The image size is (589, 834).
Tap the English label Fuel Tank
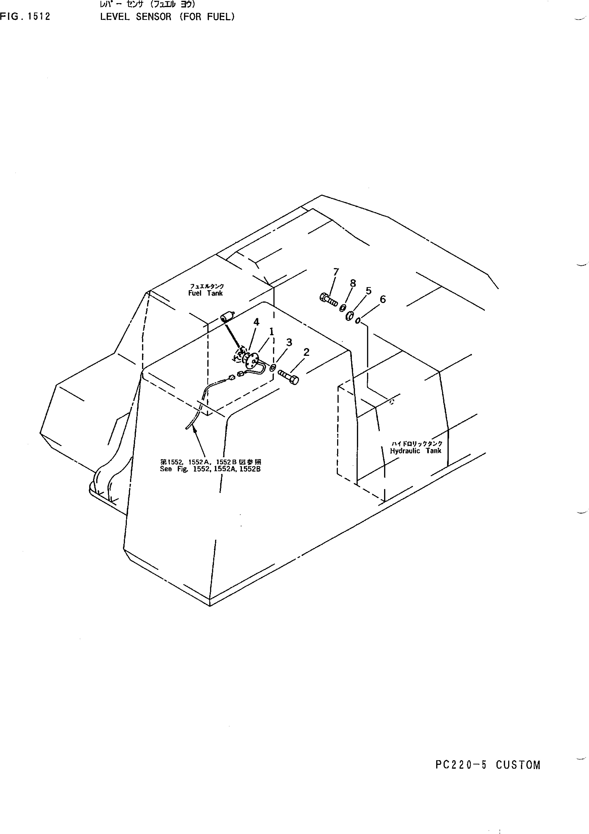[x=205, y=293]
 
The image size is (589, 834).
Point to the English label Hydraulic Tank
[x=416, y=451]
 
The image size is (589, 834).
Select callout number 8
[x=352, y=283]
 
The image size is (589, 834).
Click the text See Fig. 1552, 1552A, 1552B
[x=210, y=469]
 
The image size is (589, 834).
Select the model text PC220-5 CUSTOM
[x=488, y=765]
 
